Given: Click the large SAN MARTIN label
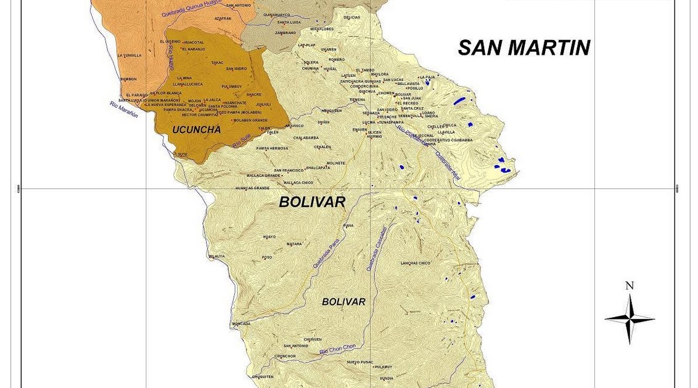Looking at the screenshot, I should [523, 47].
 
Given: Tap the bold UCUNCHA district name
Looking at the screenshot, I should [196, 129].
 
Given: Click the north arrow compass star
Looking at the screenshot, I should [629, 319].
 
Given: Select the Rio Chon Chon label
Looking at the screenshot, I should [337, 350].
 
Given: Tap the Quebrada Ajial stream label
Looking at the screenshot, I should [448, 164].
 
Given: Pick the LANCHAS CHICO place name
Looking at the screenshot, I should [415, 263].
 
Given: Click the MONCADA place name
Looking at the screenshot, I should [241, 323].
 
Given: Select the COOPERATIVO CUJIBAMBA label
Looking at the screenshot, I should [448, 140].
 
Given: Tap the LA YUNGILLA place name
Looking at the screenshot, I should [129, 55].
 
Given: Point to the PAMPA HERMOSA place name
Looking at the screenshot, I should [272, 148].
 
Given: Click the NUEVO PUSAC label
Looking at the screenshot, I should [360, 362].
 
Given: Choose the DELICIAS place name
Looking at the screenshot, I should [352, 17].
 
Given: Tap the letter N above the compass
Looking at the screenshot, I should [629, 285].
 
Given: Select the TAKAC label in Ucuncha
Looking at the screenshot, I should [218, 62].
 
